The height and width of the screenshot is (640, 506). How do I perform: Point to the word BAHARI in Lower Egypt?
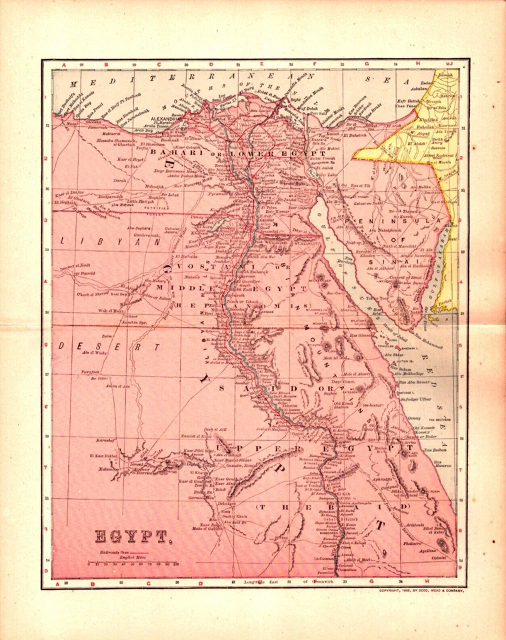pos(173,153)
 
